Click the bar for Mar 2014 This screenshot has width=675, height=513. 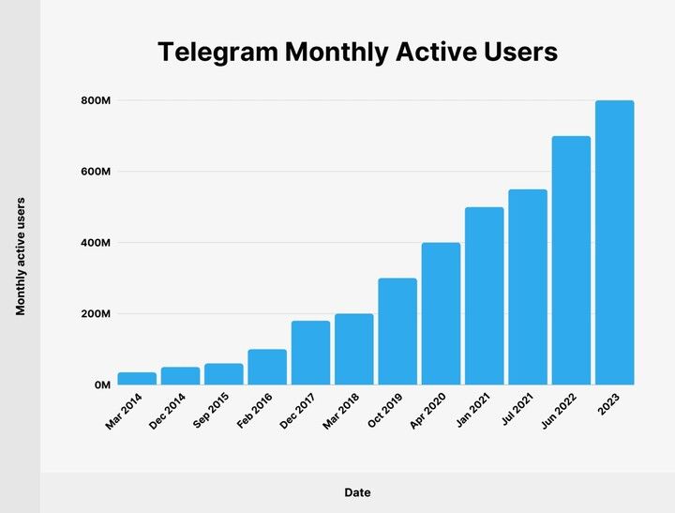click(137, 379)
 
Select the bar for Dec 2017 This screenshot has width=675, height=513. click(310, 353)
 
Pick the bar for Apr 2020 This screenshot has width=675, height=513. click(441, 313)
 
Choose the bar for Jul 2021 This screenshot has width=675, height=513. click(528, 287)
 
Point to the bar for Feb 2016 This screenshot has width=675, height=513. click(267, 367)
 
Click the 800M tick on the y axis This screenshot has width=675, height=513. click(97, 100)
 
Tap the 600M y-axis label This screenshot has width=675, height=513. click(97, 172)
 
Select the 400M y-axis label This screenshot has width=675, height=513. click(97, 243)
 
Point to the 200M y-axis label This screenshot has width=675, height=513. click(97, 314)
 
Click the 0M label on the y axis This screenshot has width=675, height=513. click(102, 385)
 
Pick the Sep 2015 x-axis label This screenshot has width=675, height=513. click(214, 411)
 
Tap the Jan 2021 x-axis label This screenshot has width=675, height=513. click(474, 411)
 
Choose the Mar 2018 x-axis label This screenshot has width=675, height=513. click(344, 411)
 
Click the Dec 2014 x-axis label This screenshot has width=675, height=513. click(170, 411)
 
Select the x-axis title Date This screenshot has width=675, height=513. click(356, 491)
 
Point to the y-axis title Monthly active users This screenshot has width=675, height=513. click(20, 255)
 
